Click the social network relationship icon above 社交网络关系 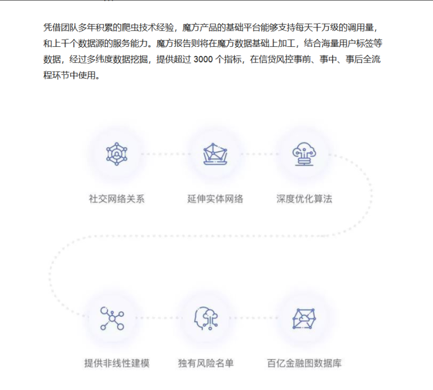coord(117,153)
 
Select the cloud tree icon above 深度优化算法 coord(304,153)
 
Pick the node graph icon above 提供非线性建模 coord(112,318)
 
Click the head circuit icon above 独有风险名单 coord(205,318)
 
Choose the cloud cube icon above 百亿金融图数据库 coord(304,318)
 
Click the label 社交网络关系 coord(117,199)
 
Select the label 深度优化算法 coord(304,199)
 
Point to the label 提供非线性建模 coord(117,364)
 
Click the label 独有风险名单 coord(205,364)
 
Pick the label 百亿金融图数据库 coord(304,364)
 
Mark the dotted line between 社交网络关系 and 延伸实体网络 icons coord(165,153)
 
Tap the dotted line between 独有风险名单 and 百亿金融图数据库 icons coord(255,318)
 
